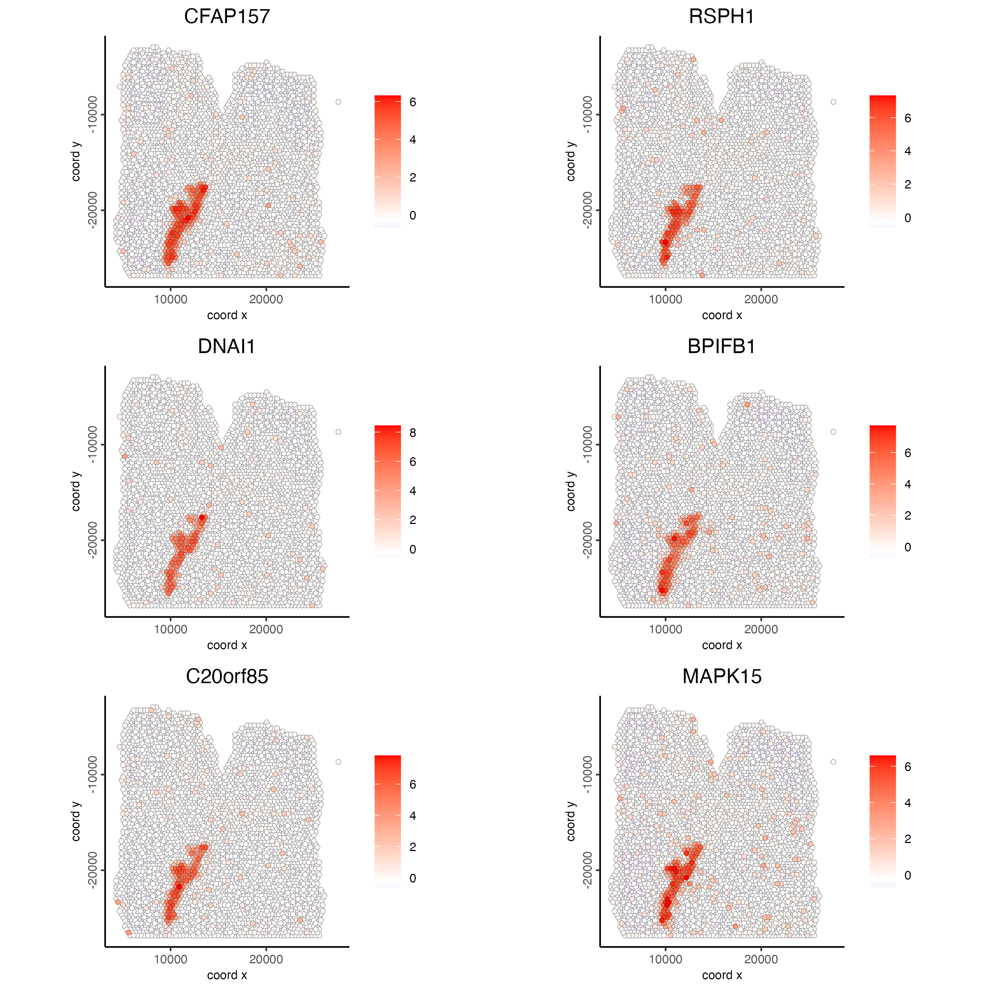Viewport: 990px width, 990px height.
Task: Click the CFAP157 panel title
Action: [227, 16]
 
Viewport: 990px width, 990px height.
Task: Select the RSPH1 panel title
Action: [722, 16]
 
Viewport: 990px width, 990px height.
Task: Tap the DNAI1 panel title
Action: [227, 346]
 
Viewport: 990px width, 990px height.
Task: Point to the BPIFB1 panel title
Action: [722, 346]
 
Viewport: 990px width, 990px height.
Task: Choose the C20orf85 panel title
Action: [227, 676]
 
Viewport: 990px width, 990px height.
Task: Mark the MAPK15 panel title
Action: [722, 676]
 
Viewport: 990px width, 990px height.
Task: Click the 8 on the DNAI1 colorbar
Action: [412, 433]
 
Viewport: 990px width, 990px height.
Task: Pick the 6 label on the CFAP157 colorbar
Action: [412, 102]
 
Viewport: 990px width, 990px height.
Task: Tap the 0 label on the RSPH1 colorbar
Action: [907, 218]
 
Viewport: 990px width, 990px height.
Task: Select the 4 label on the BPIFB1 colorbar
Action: [907, 484]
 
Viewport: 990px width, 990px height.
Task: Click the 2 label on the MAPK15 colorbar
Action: [907, 839]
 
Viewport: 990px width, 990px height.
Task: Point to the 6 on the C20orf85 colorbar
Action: [412, 785]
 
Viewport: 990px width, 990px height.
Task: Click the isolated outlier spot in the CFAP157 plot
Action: [338, 102]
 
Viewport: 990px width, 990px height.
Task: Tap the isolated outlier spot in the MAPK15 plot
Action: [833, 762]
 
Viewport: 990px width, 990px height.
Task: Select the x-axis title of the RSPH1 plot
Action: [722, 315]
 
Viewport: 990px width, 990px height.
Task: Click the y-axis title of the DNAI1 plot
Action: [76, 491]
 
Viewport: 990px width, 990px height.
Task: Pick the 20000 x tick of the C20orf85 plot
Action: [266, 959]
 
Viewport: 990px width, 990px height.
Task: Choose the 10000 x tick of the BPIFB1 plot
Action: [665, 629]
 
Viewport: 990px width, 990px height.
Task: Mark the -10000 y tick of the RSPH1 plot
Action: [587, 114]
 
